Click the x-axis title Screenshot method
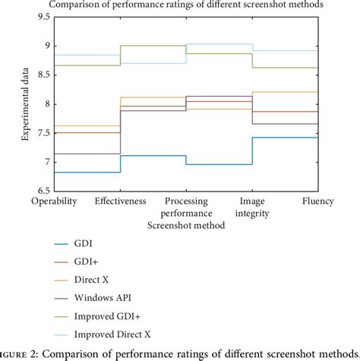pyautogui.click(x=187, y=226)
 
